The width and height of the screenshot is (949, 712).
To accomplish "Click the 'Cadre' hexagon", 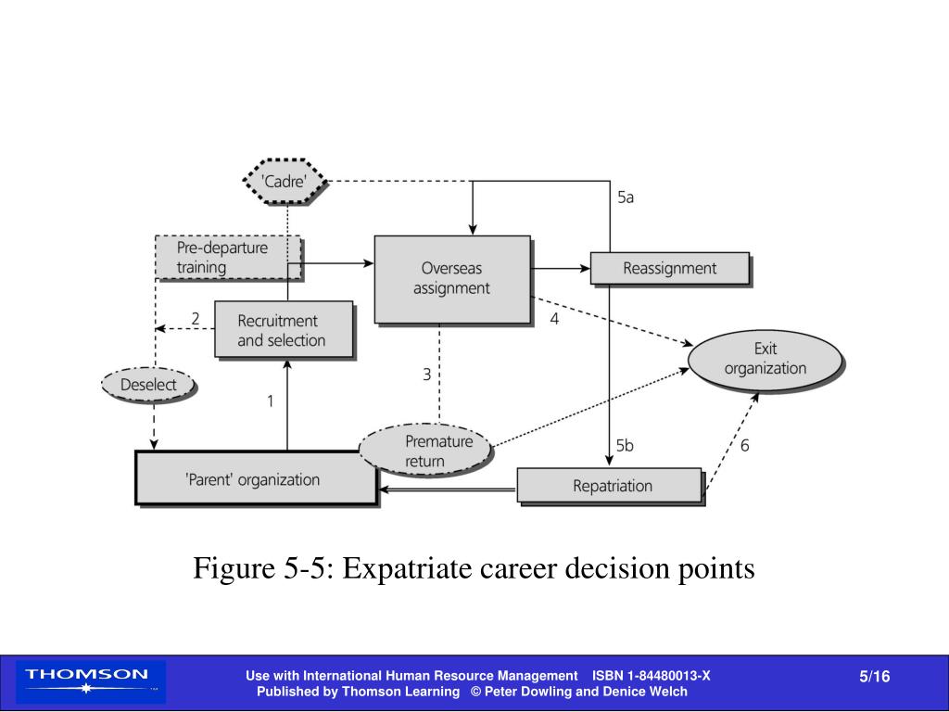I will [x=285, y=182].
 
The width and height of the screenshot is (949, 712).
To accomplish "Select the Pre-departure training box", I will [x=226, y=258].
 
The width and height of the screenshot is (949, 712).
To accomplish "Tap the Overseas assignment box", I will [x=452, y=278].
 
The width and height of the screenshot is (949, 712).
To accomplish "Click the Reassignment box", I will [x=669, y=269].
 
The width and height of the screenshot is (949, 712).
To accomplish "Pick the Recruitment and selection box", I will [x=283, y=330].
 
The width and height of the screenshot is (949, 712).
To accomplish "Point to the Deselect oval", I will [x=149, y=385].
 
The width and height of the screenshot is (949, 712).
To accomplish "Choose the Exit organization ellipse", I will [x=766, y=359].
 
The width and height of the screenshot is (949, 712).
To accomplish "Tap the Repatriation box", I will [x=611, y=486].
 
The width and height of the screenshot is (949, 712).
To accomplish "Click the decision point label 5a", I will [x=626, y=197].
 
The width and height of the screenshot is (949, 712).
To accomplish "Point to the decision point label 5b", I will [x=626, y=445].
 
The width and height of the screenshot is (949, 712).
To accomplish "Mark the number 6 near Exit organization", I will [x=744, y=445].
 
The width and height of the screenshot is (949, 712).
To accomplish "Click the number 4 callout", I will [x=554, y=319].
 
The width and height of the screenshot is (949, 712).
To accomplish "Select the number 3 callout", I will [x=427, y=375].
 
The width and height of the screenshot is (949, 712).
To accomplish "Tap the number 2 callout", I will [x=196, y=319].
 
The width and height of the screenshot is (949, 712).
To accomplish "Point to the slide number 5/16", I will [x=874, y=677].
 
